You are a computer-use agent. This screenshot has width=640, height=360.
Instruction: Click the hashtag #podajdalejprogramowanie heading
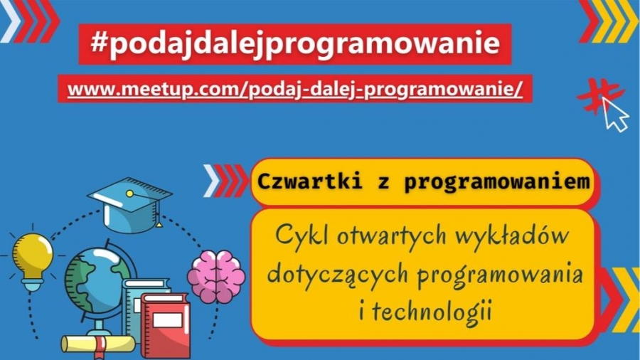(x=295, y=43)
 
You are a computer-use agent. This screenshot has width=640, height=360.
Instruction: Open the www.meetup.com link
(x=294, y=88)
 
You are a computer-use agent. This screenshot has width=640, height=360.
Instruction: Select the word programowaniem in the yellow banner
(x=497, y=182)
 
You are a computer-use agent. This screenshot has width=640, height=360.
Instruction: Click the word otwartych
(x=391, y=236)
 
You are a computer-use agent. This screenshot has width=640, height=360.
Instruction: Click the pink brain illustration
(x=216, y=276)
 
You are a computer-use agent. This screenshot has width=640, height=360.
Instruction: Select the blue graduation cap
(x=130, y=204)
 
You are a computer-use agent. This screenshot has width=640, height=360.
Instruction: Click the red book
(x=165, y=324)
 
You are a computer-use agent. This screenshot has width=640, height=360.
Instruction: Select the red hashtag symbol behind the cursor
(x=598, y=96)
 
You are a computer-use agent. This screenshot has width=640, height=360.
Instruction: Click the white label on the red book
(x=167, y=319)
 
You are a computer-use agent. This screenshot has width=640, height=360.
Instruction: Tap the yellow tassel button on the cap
(x=129, y=194)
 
